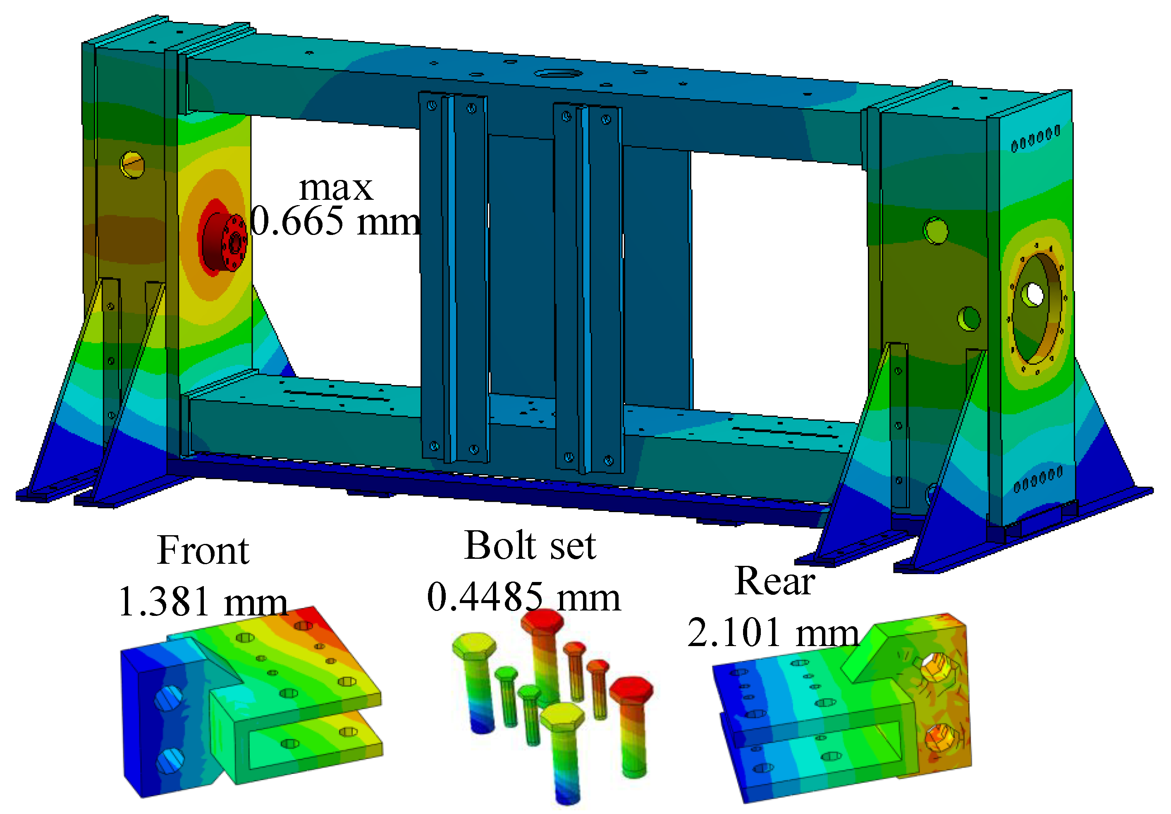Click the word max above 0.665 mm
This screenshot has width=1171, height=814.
tap(336, 189)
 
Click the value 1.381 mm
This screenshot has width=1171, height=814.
tap(203, 602)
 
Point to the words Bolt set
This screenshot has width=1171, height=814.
tap(530, 545)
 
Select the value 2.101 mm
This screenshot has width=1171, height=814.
tap(773, 632)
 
